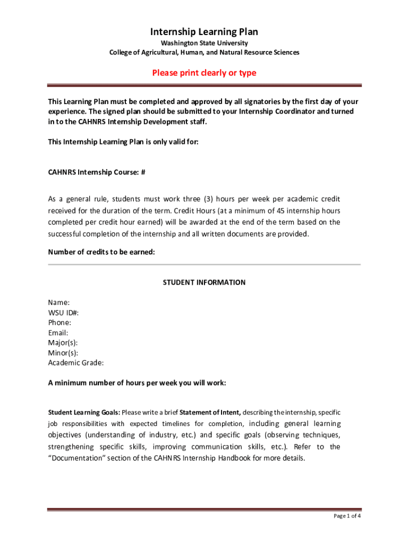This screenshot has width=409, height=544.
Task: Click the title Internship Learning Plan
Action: coord(204,32)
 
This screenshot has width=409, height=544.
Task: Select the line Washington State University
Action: coord(204,43)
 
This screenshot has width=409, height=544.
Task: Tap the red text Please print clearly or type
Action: coord(204,73)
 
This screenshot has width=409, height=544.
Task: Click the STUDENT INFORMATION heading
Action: coord(204,282)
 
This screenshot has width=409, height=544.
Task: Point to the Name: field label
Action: coord(59,302)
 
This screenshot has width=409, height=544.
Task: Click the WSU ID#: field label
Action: coord(64,312)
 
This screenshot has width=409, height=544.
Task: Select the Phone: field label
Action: coord(59,322)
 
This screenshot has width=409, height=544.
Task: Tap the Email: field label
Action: coord(58,333)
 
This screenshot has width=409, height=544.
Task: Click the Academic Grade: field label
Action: coord(76,363)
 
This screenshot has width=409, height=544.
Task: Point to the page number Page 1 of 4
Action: coord(347,516)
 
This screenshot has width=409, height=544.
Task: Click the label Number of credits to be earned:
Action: coord(101,252)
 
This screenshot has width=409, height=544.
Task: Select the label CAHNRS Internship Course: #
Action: coord(97,173)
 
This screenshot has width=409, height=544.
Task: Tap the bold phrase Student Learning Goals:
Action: coord(84,412)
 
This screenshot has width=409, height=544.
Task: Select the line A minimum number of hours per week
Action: coord(137,382)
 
